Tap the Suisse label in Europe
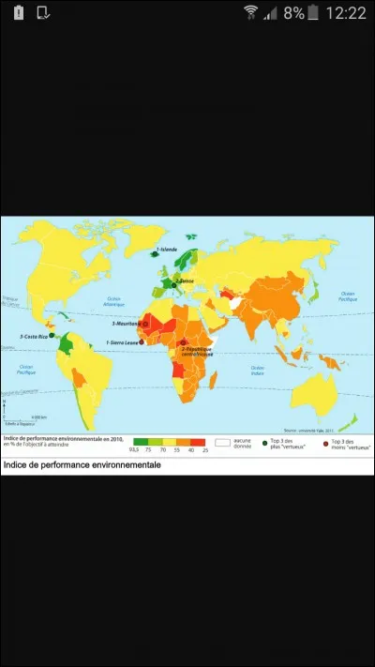[184, 281]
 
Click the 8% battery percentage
[294, 13]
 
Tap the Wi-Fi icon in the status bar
[250, 12]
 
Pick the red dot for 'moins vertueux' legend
[324, 442]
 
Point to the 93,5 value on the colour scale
[138, 450]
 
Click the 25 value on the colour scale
[205, 450]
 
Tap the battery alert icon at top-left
[18, 13]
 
